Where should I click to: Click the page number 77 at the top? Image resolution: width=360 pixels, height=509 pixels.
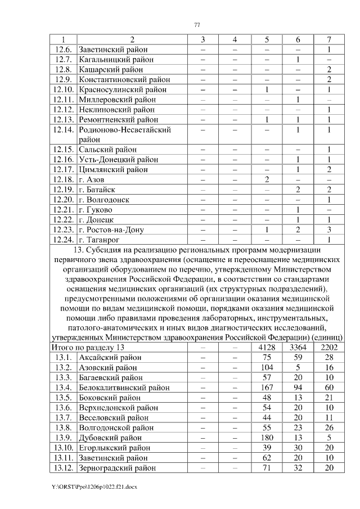[x=197, y=24]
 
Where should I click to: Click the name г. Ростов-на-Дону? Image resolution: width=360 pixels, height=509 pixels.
[x=111, y=229]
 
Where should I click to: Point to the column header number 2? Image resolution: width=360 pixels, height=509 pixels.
[x=132, y=39]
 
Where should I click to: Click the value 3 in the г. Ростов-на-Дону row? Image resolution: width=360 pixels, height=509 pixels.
[x=328, y=229]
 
